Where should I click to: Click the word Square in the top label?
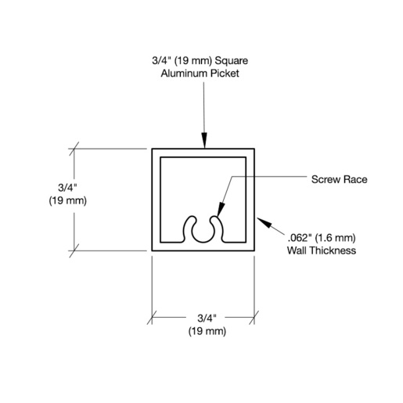[231, 61]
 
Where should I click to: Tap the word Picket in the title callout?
[225, 74]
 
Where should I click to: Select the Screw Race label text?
[339, 179]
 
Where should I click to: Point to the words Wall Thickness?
[322, 250]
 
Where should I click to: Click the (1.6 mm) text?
[336, 238]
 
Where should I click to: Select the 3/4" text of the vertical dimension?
[68, 188]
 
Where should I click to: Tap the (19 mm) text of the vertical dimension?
[68, 201]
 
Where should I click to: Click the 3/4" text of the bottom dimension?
[207, 318]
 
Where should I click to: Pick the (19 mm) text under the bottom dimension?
[207, 331]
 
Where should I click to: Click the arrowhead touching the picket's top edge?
[204, 140]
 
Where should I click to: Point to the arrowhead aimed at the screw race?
[221, 210]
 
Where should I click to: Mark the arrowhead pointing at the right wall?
[264, 222]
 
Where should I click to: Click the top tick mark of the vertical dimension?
[74, 149]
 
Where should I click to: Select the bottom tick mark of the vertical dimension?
[74, 251]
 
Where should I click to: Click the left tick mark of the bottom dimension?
[152, 318]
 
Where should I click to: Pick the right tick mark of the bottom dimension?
[254, 318]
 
